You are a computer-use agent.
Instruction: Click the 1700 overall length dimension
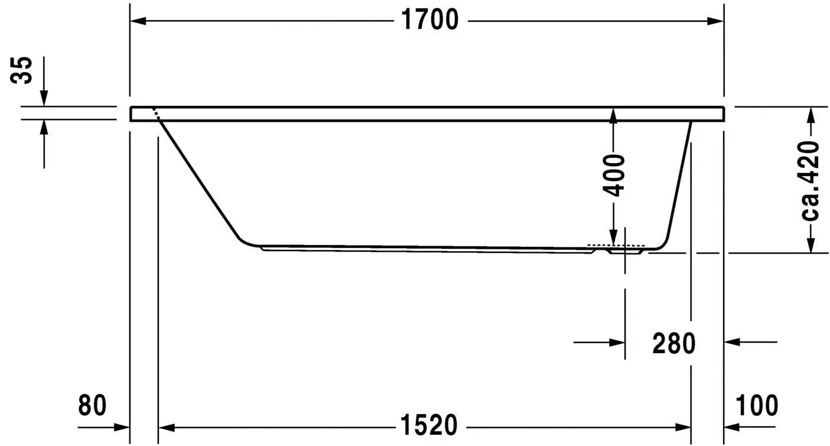coord(430,21)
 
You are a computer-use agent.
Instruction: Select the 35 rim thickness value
coord(24,71)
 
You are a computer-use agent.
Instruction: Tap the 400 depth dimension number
coord(615,175)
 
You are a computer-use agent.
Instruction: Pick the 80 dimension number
coord(92,405)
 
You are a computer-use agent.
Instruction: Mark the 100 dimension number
coord(757,405)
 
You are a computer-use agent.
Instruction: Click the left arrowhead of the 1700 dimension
coord(138,21)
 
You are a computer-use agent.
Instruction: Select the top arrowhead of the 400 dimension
coord(614,115)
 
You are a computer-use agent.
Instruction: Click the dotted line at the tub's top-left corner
coord(157,114)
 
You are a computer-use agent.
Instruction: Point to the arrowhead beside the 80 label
coord(121,426)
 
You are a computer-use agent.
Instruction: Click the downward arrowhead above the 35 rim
coord(44,98)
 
